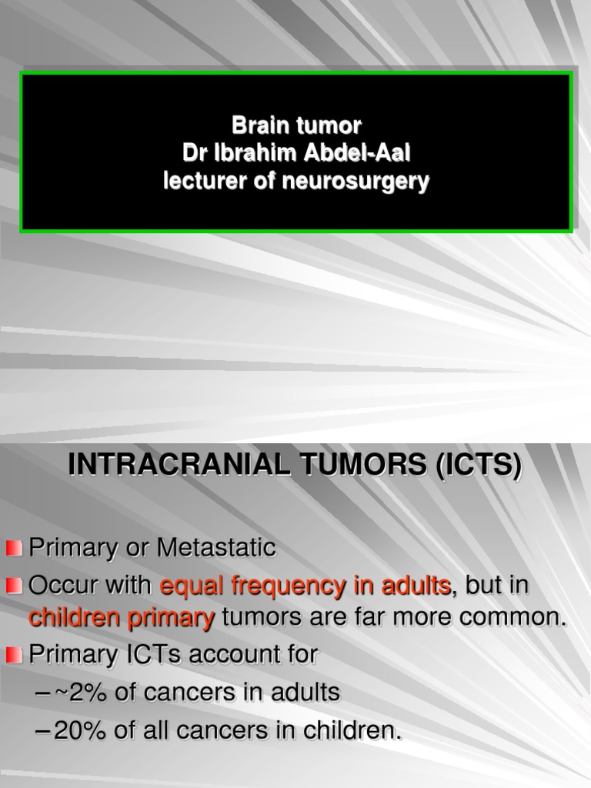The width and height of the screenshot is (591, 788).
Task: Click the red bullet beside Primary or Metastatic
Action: click(x=15, y=549)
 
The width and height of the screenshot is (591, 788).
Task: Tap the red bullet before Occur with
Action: click(x=15, y=586)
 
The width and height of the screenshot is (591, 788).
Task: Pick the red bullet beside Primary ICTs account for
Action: click(x=15, y=656)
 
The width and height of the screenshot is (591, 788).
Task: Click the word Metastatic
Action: click(x=216, y=549)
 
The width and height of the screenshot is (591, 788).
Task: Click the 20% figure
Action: click(x=82, y=730)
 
